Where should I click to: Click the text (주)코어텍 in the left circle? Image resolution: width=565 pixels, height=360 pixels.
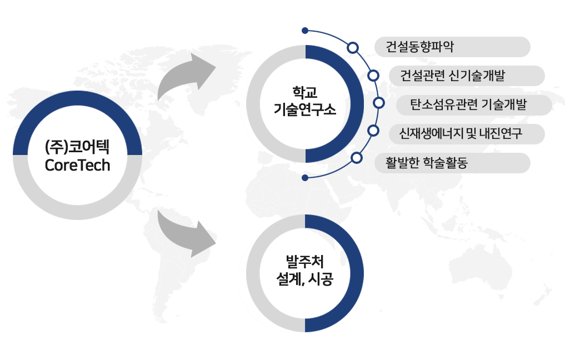click(77, 147)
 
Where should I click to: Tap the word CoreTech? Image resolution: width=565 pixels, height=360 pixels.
click(77, 165)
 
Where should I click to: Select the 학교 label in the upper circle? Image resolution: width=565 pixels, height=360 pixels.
click(305, 93)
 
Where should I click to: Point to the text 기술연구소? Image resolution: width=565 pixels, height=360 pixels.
click(305, 109)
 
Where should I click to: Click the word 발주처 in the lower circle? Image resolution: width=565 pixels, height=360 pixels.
click(305, 262)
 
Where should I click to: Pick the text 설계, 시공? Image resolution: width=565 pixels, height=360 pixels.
click(305, 278)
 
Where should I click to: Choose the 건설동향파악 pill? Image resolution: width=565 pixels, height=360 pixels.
click(453, 47)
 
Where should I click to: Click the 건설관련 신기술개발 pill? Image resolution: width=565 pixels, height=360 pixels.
click(467, 76)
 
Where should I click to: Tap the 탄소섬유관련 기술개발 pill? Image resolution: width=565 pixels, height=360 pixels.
click(474, 105)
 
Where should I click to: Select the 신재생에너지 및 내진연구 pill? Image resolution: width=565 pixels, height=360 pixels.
click(467, 134)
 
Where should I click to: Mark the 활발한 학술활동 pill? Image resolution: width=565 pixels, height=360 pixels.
click(453, 163)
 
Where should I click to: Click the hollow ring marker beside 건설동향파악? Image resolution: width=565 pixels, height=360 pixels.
click(353, 48)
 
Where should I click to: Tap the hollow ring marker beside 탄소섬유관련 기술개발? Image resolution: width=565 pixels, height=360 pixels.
click(379, 103)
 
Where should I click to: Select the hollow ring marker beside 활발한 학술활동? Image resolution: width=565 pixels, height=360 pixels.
click(356, 158)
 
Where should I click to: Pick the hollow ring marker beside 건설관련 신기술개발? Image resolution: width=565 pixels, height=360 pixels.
click(373, 76)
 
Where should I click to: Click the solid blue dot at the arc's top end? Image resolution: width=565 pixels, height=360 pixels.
click(305, 31)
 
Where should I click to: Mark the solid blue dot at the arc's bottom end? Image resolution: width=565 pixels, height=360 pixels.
click(305, 178)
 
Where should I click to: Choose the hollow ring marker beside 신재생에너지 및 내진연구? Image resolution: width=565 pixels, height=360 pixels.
click(373, 131)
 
